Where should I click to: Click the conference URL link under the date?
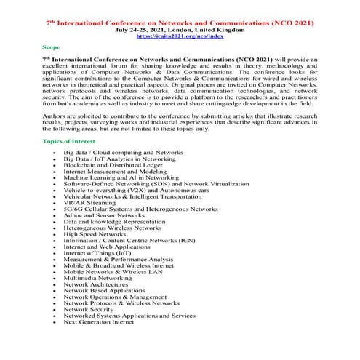tap(179, 34)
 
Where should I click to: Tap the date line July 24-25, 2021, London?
tap(179, 28)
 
